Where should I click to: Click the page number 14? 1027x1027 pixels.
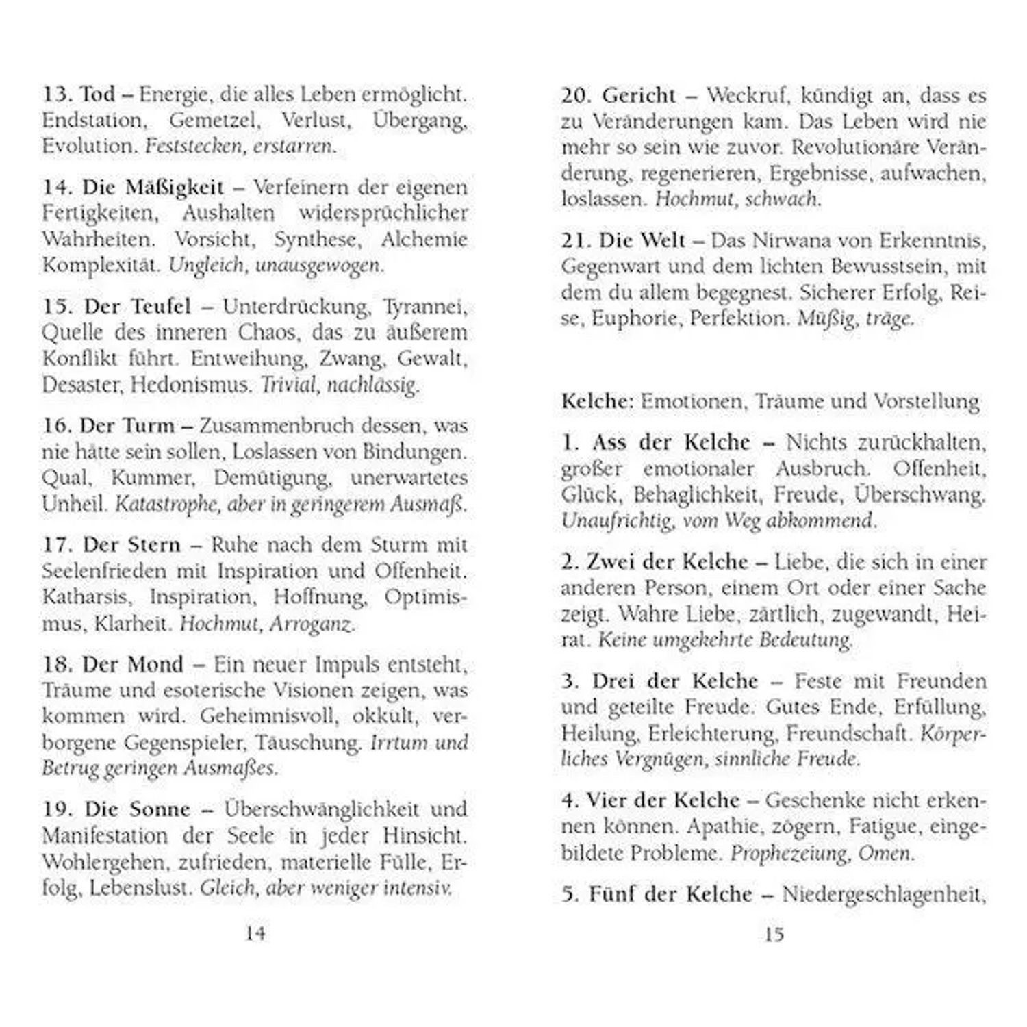(x=255, y=933)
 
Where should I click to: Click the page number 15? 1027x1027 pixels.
(x=774, y=934)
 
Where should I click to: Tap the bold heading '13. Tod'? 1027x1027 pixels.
(x=79, y=94)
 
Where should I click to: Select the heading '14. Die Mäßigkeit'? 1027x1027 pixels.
(x=133, y=187)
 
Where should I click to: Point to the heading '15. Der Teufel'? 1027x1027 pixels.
(x=116, y=306)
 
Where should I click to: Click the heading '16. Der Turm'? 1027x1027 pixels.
(x=108, y=426)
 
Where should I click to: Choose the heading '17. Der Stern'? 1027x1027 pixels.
(x=111, y=545)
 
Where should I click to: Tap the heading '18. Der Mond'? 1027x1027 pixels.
(x=113, y=664)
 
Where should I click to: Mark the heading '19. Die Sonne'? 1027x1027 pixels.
(x=116, y=809)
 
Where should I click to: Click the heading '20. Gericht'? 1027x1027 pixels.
(x=618, y=95)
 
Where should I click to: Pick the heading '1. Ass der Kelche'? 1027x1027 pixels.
(x=656, y=442)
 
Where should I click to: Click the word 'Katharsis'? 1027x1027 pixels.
(x=86, y=597)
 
